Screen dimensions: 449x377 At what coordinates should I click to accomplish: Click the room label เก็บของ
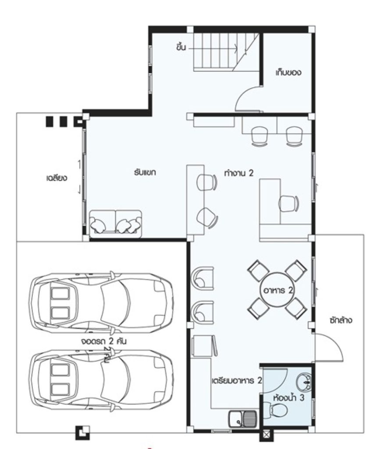tap(288, 72)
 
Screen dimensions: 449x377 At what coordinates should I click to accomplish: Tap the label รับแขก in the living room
tap(146, 172)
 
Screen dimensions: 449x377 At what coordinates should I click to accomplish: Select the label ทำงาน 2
tap(239, 173)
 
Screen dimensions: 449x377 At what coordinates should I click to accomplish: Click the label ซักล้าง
tap(341, 321)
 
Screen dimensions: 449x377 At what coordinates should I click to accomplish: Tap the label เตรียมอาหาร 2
tap(236, 380)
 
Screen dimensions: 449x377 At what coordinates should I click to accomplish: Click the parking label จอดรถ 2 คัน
tap(103, 341)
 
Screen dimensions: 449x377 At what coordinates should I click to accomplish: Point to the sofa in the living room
tap(116, 224)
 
